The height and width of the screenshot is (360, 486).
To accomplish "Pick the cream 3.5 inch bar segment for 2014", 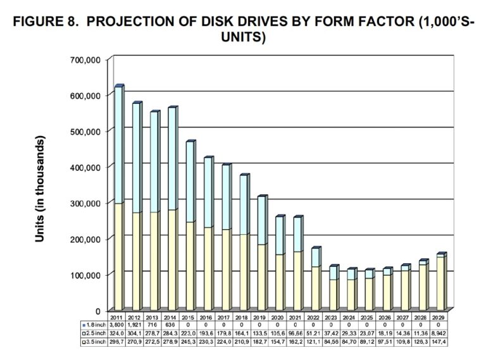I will point(171,259).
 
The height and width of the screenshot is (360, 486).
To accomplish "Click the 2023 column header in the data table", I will point(333,316).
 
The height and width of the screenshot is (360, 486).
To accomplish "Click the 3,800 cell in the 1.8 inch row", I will point(116,323).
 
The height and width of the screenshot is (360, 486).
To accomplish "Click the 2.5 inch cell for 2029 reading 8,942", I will point(441,332).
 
